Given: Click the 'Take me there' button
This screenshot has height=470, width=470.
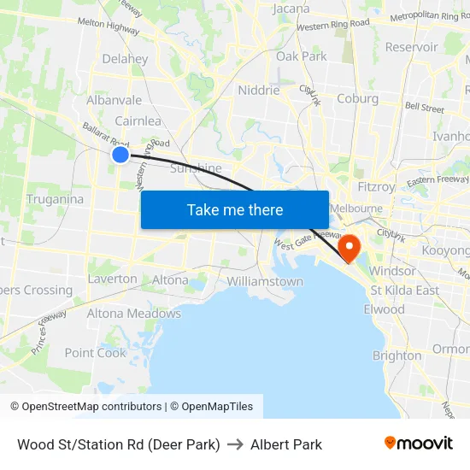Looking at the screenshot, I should [x=235, y=209].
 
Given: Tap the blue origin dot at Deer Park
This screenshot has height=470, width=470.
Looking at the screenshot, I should [x=120, y=154].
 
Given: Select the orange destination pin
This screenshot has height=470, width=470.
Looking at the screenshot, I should [x=350, y=248].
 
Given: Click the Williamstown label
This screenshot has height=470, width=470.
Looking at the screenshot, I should [x=265, y=281].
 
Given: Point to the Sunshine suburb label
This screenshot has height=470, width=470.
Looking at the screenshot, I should [x=197, y=167].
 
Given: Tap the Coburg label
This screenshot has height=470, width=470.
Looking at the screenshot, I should [x=357, y=98].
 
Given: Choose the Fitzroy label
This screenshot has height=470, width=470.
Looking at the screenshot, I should [x=377, y=186].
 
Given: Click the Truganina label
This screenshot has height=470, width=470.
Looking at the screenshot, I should [x=55, y=199].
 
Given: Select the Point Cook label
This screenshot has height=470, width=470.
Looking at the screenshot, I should [x=95, y=353].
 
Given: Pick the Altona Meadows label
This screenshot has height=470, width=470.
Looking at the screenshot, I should [x=134, y=314].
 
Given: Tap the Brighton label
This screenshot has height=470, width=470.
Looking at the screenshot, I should [x=397, y=355].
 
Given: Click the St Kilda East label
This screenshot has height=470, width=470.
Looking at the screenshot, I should [x=404, y=290].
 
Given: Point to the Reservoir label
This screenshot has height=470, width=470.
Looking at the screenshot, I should [x=411, y=47].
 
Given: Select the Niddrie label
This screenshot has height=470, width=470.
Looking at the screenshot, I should [x=259, y=90].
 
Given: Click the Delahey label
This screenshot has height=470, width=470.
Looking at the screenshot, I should [x=125, y=59].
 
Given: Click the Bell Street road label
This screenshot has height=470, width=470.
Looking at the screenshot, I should [x=425, y=109].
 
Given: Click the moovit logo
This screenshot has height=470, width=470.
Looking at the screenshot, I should [x=419, y=444].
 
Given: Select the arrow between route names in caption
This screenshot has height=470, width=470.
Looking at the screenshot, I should [x=235, y=444].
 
